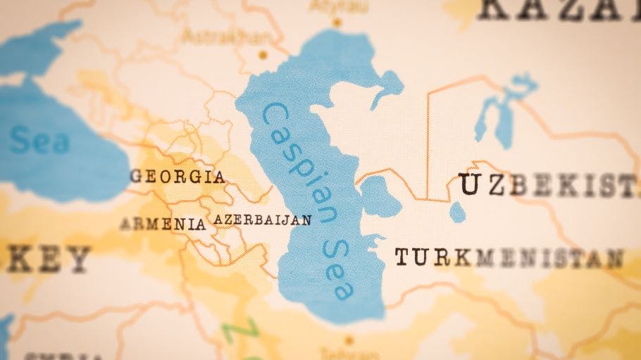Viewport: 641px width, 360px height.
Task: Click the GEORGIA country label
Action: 178,176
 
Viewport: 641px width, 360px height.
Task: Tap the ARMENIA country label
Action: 163,224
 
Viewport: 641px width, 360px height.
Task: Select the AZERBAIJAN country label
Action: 262,220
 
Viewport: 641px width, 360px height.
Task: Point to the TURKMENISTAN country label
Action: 509,257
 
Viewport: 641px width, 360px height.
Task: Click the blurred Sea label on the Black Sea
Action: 39,140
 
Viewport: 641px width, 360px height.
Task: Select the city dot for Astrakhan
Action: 263,54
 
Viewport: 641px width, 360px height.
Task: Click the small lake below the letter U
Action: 458,211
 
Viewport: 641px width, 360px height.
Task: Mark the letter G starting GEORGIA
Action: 136,176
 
